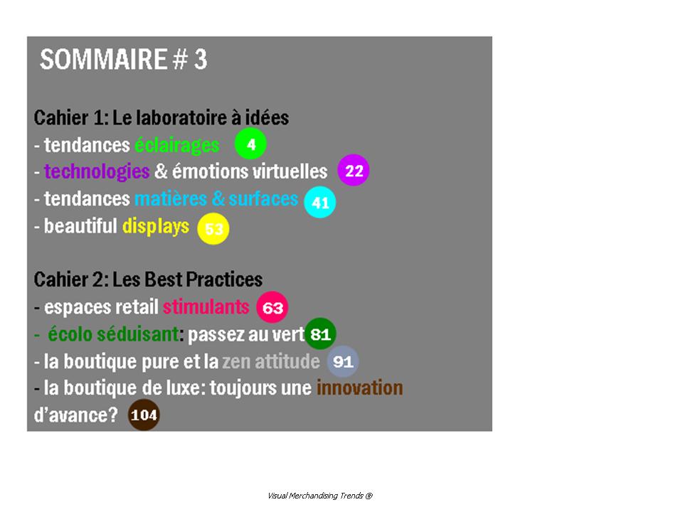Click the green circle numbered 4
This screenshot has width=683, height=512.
[x=250, y=144]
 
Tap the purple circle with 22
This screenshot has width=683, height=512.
[x=354, y=170]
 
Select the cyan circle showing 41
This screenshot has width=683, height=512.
[x=319, y=202]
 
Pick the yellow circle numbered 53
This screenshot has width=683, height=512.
[x=213, y=228]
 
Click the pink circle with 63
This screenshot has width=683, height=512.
[x=272, y=307]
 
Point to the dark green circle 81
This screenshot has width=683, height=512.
[x=320, y=334]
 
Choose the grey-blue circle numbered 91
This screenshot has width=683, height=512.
[x=343, y=361]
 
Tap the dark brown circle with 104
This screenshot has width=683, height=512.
[x=144, y=415]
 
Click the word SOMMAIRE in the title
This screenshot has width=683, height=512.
[x=104, y=59]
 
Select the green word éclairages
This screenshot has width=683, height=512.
[x=177, y=145]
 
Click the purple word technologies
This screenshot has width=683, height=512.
[x=97, y=172]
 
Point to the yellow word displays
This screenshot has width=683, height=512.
[x=156, y=226]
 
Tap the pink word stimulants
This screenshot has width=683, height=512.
[x=206, y=307]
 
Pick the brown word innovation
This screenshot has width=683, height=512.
[x=360, y=388]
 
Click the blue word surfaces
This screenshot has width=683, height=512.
[x=263, y=199]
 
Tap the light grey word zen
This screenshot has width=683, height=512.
[x=236, y=362]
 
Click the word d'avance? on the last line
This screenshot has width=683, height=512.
[x=76, y=415]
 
